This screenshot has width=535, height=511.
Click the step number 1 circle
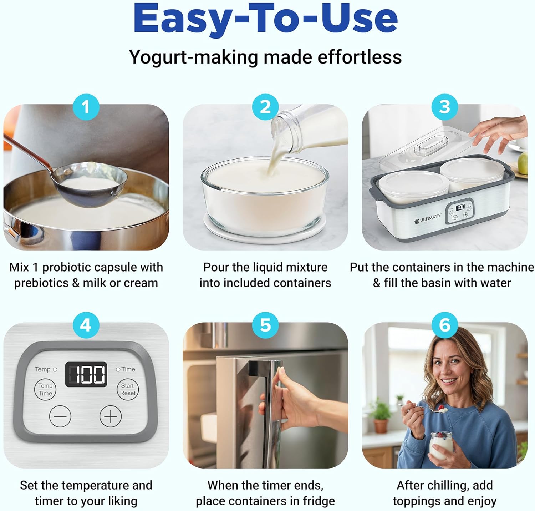86,107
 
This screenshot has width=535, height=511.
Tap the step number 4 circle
86,325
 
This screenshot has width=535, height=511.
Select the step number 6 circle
444,325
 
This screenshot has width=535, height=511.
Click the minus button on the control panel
60,416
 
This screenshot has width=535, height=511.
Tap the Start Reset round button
127,389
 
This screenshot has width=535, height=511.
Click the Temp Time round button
45,389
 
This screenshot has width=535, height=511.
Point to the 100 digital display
86,374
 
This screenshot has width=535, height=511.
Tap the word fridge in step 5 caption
319,501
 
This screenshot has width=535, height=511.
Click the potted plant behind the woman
381,414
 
